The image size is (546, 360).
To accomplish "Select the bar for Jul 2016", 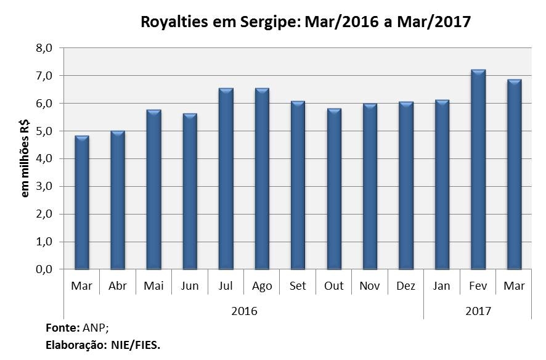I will [226, 179].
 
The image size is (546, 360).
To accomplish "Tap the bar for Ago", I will [262, 179].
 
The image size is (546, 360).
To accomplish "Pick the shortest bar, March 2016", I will [82, 203].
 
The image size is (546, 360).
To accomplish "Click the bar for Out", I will [334, 189].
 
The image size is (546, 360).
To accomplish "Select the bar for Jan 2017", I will [442, 185].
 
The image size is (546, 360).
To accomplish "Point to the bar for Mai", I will [153, 190].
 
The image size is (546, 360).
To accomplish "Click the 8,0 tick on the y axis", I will [49, 48].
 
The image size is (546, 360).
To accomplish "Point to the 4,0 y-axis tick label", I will [49, 159].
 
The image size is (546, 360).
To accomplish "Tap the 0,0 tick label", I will [49, 270].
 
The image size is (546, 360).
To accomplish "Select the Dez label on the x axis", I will [405, 287].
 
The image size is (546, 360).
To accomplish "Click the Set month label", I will [298, 287].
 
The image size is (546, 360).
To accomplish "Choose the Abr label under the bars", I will [118, 287].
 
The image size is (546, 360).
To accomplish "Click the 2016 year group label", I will [244, 311].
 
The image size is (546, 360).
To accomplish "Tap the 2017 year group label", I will [478, 311].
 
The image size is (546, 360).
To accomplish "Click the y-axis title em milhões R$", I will [26, 159].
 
